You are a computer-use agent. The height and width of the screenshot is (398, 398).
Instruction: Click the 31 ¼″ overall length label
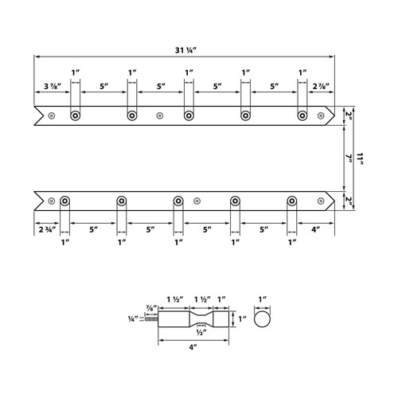tap(185, 50)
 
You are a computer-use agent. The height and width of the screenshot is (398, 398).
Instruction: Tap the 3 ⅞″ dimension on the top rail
tap(53, 86)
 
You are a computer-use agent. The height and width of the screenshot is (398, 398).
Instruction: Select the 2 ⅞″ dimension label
tap(321, 86)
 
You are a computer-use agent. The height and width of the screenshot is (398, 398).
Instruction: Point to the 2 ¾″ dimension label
tap(49, 229)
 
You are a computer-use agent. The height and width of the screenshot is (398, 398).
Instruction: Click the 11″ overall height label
tap(360, 158)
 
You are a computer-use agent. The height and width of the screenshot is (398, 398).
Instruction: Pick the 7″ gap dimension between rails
tap(349, 158)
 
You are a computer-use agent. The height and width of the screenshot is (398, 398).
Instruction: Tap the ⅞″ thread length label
tap(151, 308)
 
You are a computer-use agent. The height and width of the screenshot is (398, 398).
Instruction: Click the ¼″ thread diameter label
tap(133, 319)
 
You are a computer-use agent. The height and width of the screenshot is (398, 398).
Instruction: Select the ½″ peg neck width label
tap(201, 332)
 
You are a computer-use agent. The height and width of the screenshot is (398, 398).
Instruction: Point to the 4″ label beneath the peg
tap(193, 347)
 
